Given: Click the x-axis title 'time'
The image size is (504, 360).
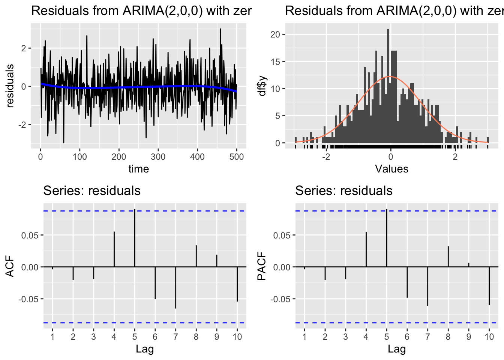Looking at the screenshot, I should (139, 169).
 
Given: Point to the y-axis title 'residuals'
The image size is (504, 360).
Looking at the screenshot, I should (10, 86).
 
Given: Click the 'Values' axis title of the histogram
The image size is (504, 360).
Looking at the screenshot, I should (391, 169).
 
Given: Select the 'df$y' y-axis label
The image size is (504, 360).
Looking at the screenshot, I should (262, 86).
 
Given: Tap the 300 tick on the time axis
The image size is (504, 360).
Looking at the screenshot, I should (158, 157).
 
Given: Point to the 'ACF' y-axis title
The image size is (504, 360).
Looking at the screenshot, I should (10, 267).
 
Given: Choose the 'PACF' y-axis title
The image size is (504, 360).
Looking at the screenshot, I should (262, 267).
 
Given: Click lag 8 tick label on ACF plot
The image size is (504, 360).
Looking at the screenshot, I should (196, 337).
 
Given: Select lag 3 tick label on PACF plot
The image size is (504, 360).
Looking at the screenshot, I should (345, 337).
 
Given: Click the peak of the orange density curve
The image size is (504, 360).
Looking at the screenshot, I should (390, 76).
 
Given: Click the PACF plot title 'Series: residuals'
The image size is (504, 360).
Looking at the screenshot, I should (343, 191).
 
